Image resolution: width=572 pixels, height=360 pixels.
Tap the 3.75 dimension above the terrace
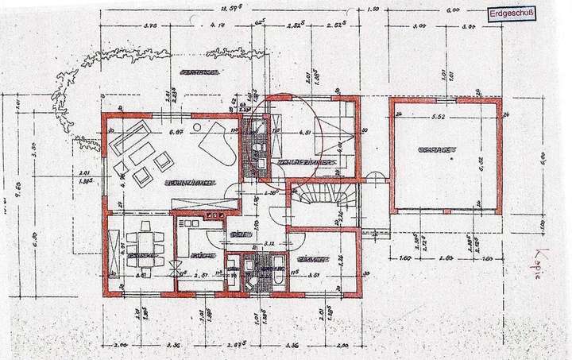pos(149,25)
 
